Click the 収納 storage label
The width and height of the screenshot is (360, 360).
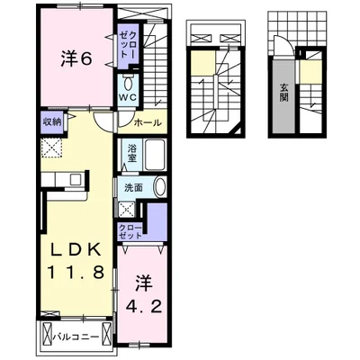50,121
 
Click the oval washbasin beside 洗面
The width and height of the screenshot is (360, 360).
159,187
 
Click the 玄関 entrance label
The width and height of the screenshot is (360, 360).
283,91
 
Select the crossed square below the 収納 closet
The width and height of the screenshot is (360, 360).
49,148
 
